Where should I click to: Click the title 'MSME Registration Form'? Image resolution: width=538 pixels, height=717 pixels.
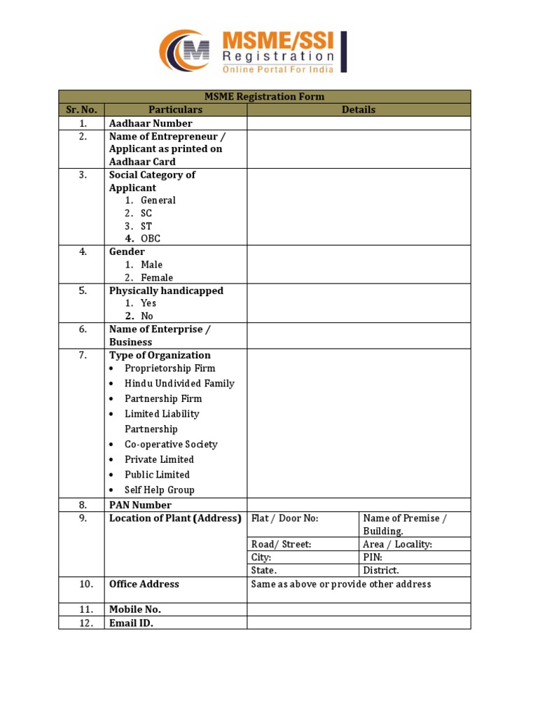tap(264, 97)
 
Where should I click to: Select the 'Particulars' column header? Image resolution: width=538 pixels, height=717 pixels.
tap(175, 110)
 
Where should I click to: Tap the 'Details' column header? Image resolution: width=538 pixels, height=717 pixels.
tap(358, 110)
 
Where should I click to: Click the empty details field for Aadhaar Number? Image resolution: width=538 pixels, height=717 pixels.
tap(358, 123)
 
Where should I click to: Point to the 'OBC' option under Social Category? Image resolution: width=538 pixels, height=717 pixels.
tap(150, 239)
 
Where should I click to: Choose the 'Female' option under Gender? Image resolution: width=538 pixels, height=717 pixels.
tap(156, 278)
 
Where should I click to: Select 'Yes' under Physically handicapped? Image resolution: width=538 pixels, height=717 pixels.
tap(148, 303)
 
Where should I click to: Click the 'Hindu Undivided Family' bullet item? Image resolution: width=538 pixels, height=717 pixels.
tap(179, 384)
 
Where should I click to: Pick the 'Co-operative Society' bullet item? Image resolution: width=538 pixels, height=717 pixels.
tap(171, 445)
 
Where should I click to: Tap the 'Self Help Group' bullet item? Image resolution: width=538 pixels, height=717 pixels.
tap(159, 490)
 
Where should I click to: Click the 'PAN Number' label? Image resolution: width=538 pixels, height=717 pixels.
tap(140, 505)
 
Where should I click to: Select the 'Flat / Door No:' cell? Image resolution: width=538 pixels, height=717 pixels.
tap(284, 518)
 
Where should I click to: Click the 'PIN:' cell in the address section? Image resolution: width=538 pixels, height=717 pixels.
tap(373, 557)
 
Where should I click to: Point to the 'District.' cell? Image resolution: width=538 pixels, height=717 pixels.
tap(381, 571)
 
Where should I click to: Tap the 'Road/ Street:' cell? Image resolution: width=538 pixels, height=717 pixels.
tap(281, 544)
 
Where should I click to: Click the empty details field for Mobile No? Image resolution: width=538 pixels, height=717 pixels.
tap(358, 610)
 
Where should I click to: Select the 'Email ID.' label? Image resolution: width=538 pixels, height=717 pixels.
tap(131, 622)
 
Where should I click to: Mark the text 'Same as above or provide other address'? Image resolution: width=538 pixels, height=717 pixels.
tap(340, 584)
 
